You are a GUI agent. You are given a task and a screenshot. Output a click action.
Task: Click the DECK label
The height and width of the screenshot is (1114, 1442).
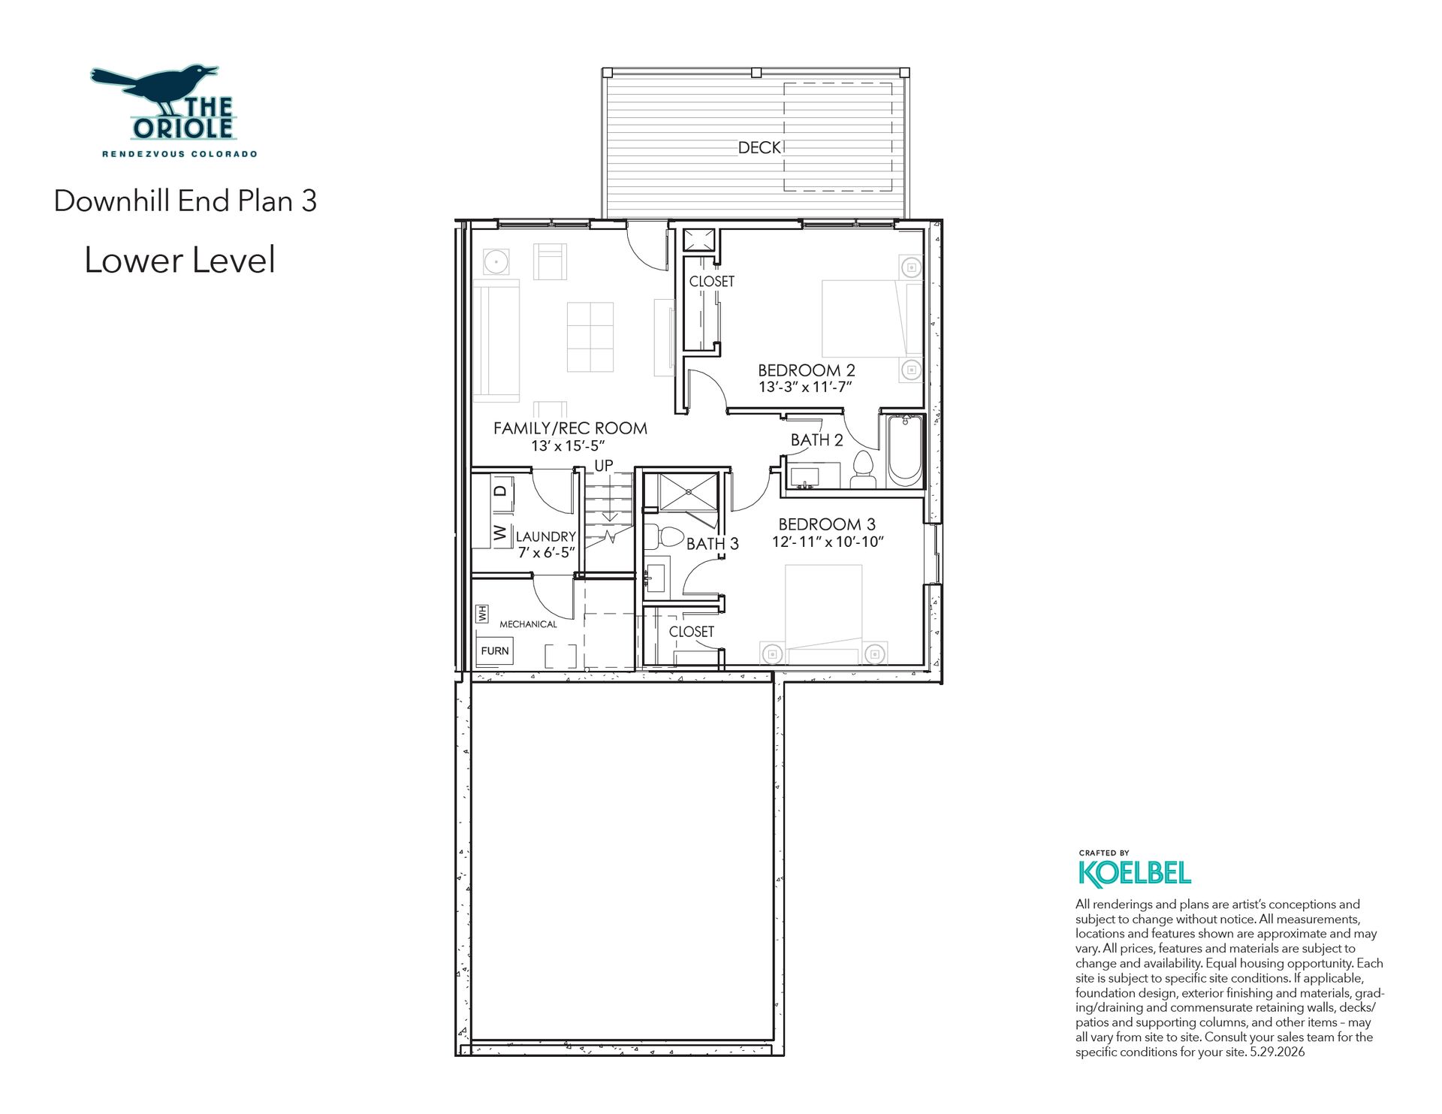(x=759, y=148)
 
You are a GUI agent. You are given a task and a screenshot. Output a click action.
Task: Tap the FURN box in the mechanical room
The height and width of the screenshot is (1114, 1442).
(x=495, y=651)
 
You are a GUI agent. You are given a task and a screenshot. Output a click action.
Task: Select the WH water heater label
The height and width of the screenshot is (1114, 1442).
(x=482, y=614)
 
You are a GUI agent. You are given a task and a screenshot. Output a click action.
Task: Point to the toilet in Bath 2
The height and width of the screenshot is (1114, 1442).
(x=864, y=470)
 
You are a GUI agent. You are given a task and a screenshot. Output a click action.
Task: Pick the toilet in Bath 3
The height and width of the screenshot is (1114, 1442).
(x=663, y=537)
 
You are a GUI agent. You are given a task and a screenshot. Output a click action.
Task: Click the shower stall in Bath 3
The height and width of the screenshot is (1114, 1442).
(x=689, y=492)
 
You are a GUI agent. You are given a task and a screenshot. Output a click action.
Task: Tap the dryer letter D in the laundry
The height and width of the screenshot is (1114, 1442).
(x=500, y=491)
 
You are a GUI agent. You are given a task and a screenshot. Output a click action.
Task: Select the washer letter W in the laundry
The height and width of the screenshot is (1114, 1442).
(x=500, y=533)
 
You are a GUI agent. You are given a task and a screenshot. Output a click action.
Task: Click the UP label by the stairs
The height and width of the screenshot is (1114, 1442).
(x=604, y=466)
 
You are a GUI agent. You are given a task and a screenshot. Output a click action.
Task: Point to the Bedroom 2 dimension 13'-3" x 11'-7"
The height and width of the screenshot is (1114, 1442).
(x=805, y=388)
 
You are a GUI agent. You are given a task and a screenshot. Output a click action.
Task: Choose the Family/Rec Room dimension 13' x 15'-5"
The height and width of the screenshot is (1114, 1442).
(x=568, y=446)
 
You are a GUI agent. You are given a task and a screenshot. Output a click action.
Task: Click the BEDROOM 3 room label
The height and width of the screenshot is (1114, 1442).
(x=827, y=524)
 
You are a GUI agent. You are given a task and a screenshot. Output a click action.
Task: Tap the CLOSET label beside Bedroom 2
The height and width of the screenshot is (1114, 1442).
(x=712, y=282)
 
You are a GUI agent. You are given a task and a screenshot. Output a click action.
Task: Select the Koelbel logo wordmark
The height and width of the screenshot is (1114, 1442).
(x=1135, y=873)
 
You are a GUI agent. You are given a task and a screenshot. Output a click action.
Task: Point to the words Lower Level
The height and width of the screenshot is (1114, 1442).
(x=180, y=261)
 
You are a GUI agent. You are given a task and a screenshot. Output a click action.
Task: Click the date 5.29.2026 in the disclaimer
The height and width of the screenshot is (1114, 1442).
(x=1277, y=1052)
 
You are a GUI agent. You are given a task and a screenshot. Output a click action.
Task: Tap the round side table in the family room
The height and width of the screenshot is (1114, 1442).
(x=496, y=262)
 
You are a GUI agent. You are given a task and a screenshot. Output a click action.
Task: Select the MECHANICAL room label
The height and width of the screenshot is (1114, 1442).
(x=528, y=624)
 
